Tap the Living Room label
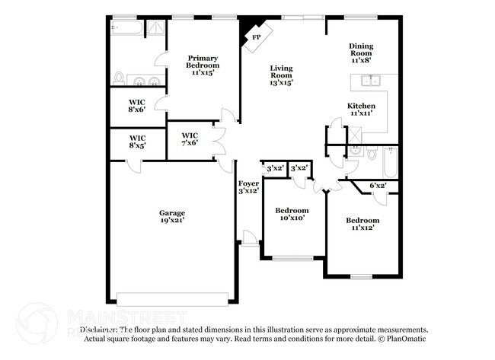(x=281, y=75)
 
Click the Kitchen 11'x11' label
(x=361, y=109)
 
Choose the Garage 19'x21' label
(x=172, y=216)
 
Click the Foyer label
(x=248, y=187)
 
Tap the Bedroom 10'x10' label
(x=292, y=214)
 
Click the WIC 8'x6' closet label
(x=137, y=105)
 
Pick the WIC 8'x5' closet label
(x=137, y=142)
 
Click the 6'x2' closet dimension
(x=378, y=185)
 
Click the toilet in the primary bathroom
(x=119, y=78)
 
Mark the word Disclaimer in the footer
(x=100, y=330)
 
